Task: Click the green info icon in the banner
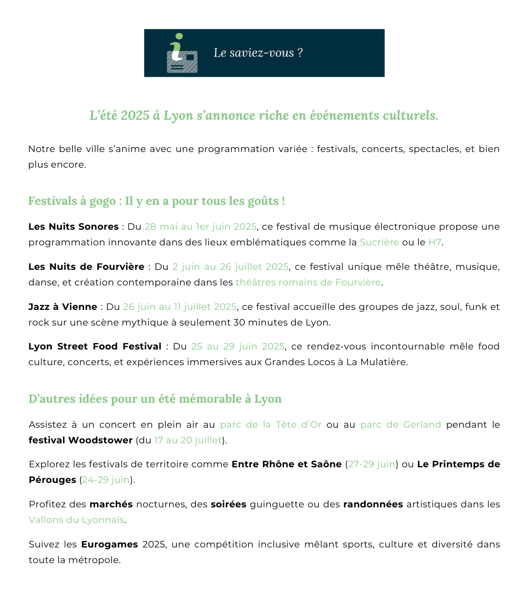coord(181,53)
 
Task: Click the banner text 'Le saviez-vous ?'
coord(258,53)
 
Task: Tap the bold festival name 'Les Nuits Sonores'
coord(73,227)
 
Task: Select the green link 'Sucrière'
coord(379,242)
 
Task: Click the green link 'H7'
coord(435,242)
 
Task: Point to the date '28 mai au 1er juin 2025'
coord(200,227)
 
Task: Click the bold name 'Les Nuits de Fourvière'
coord(87,267)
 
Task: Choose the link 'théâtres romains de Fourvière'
coord(308,283)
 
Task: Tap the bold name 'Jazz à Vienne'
coord(63,307)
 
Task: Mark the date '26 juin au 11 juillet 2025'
coord(180,307)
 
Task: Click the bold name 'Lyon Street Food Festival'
coord(95,347)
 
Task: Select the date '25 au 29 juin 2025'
coord(238,347)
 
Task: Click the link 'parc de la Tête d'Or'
coord(271,425)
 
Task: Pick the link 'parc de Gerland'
coord(400,425)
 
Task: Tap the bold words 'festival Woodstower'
coord(81,440)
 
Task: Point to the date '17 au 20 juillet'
coord(188,440)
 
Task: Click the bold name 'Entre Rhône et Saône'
coord(286,464)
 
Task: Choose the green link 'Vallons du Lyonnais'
coord(76,520)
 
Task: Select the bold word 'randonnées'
coord(373,504)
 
